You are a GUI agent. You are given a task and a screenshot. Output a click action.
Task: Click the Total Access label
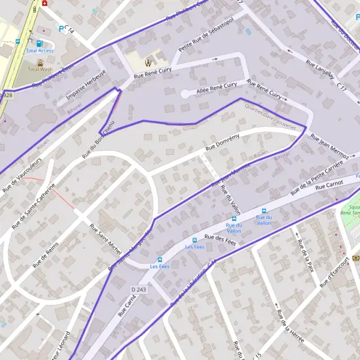pyautogui.click(x=40, y=51)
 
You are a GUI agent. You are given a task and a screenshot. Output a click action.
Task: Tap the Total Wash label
pyautogui.click(x=40, y=69)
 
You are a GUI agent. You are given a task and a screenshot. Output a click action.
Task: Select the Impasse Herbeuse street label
pyautogui.click(x=86, y=87)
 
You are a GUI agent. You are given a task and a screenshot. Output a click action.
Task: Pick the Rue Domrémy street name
pyautogui.click(x=222, y=142)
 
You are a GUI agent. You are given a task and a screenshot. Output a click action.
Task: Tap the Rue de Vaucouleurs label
pyautogui.click(x=22, y=175)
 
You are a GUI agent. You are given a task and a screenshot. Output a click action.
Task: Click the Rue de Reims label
pyautogui.click(x=46, y=254)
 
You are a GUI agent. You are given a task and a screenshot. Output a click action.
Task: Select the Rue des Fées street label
pyautogui.click(x=220, y=242)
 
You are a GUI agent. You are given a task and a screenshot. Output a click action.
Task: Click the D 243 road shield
pyautogui.click(x=138, y=290)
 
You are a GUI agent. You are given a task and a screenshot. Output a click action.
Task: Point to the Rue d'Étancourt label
pyautogui.click(x=334, y=273)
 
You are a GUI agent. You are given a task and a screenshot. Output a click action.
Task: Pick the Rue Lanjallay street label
pyautogui.click(x=319, y=70)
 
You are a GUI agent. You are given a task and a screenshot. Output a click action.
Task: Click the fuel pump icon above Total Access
pyautogui.click(x=40, y=43)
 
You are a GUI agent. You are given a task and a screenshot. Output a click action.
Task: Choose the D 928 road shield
pyautogui.click(x=5, y=95)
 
